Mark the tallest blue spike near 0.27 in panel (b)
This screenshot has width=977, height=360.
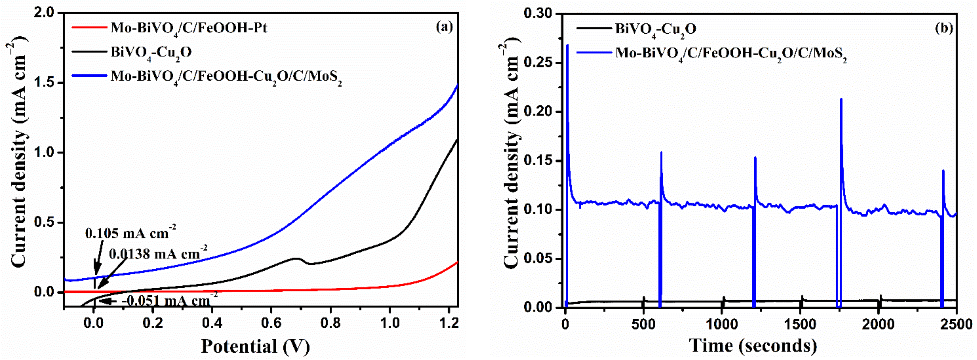coord(567,46)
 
